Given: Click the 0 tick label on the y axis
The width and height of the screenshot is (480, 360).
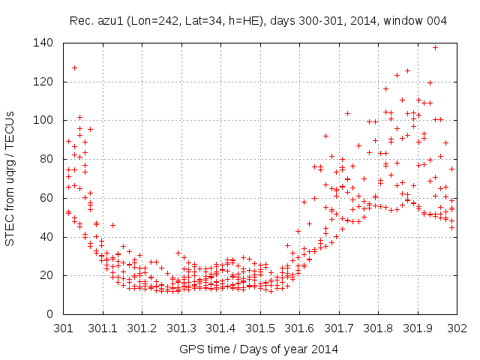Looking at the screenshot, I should pos(49,314).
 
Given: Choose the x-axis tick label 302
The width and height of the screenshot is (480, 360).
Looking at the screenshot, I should pos(457,328).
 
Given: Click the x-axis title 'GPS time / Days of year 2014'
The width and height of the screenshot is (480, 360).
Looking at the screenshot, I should pos(259,349).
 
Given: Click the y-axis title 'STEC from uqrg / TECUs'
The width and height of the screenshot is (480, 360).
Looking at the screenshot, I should pos(12,178).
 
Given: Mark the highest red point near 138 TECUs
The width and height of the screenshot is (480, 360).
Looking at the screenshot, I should pos(435,47).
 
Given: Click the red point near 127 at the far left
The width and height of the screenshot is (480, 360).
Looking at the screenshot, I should pos(74,68).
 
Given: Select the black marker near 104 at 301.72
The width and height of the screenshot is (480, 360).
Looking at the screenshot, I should pos(347,114).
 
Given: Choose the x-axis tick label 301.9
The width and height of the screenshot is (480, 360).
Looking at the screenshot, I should pos(418,328).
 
